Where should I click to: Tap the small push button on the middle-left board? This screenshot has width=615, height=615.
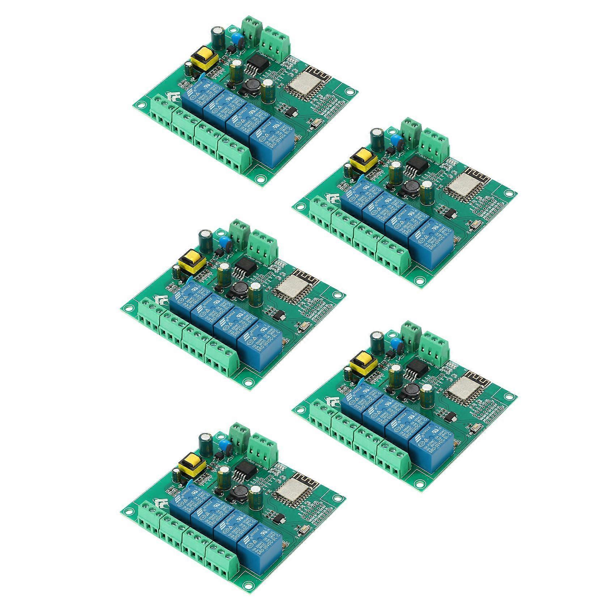coord(303,328)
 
